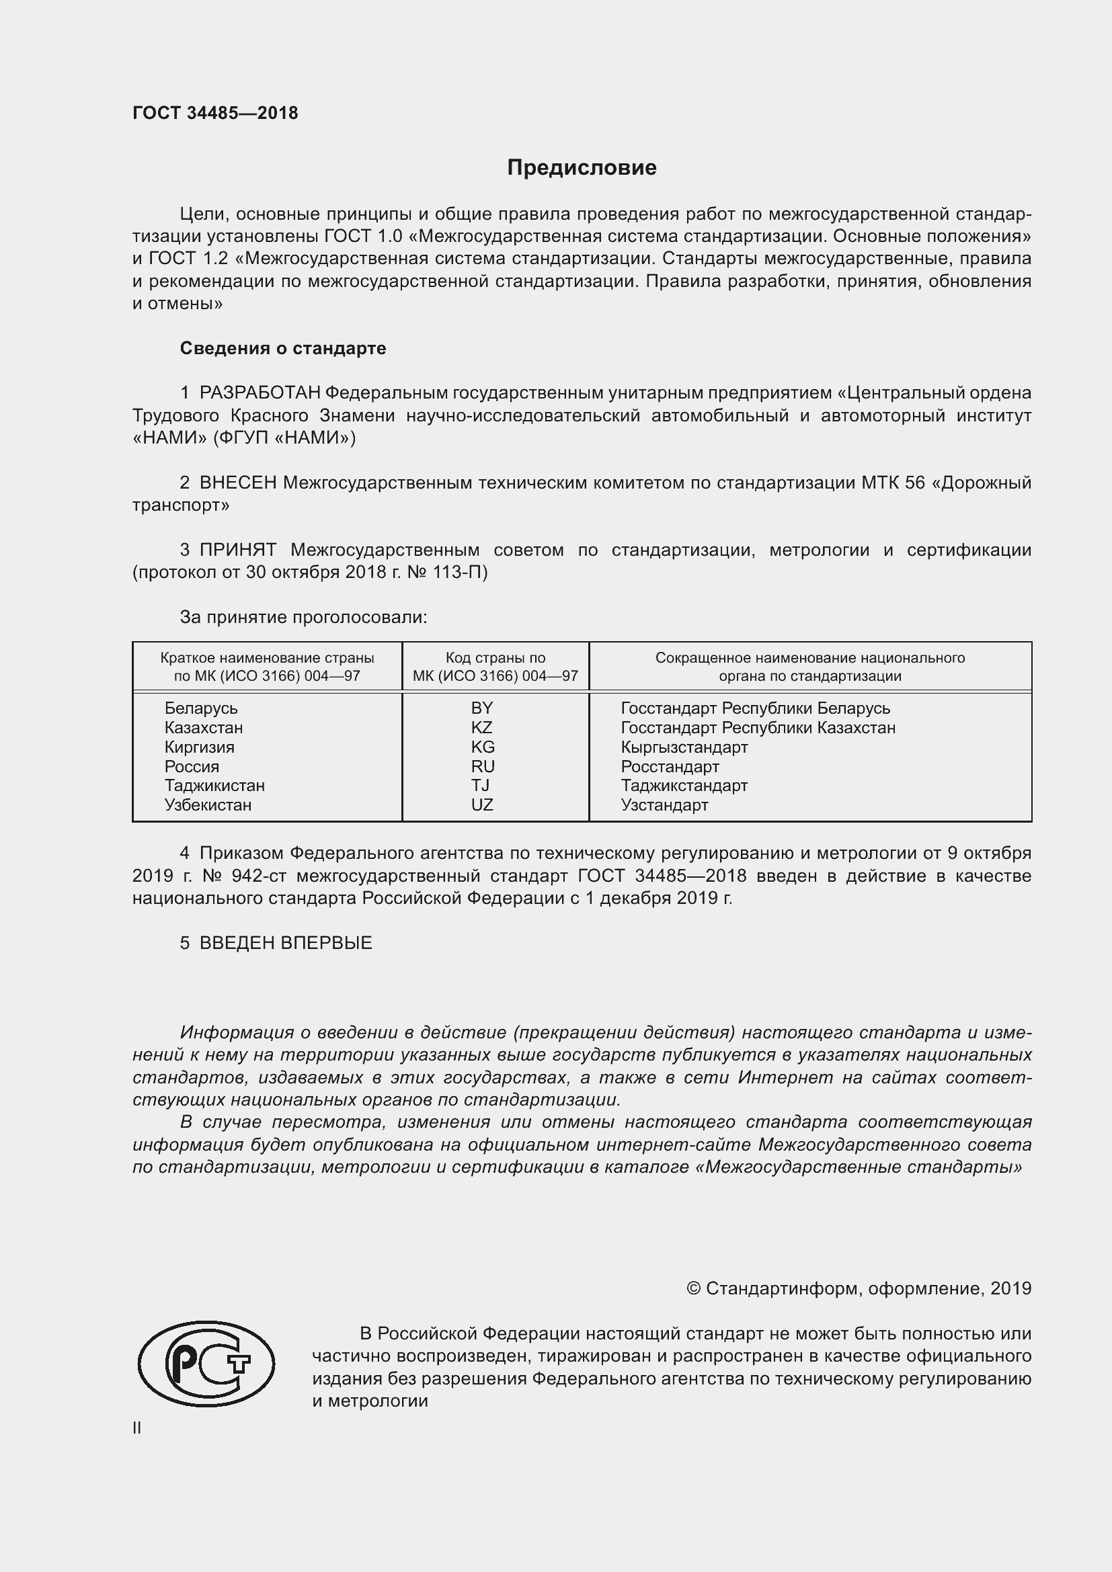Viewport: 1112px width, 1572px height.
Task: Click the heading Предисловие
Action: (582, 168)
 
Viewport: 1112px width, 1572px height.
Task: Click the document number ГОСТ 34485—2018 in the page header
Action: (215, 113)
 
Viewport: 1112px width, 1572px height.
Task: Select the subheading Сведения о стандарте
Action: (283, 349)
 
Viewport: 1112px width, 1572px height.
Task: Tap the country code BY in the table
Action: (482, 708)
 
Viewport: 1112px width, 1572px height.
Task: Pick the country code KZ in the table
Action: (482, 727)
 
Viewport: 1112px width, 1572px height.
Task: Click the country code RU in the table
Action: (483, 766)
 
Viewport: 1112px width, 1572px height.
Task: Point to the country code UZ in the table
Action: (482, 804)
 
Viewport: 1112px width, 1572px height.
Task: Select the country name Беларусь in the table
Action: (200, 708)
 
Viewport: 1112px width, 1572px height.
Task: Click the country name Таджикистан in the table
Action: (214, 785)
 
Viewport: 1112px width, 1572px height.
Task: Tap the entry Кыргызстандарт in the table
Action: (684, 747)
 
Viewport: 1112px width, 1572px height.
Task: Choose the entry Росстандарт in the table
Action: (670, 766)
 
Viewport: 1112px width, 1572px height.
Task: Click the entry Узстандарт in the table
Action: (664, 804)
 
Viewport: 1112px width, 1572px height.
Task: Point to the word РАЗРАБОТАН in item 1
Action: (260, 393)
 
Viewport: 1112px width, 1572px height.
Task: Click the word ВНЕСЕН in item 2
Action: (237, 483)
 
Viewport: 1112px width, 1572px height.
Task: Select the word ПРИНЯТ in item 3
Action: (237, 550)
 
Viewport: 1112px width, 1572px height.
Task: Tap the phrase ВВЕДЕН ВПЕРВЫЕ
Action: (286, 943)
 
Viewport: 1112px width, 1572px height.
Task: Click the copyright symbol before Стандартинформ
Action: (693, 1288)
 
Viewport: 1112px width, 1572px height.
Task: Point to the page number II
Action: (137, 1428)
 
